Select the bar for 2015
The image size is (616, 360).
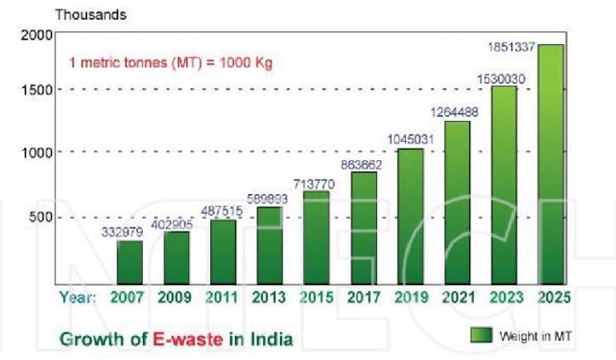317,237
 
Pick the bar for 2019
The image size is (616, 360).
410,216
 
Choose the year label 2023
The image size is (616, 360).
504,297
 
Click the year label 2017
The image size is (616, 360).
363,297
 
